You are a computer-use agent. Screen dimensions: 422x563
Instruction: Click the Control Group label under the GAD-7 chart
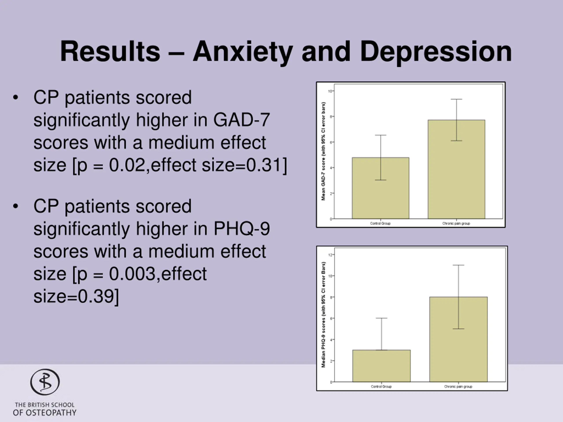380,223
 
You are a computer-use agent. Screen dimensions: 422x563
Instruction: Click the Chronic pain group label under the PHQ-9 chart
458,386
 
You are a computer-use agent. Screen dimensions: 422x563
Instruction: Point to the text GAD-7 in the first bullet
241,120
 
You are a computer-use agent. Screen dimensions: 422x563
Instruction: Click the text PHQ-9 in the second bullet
241,229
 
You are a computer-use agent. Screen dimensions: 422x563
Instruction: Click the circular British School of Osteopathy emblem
45,382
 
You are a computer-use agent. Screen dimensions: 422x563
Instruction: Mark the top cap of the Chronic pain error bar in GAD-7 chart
456,99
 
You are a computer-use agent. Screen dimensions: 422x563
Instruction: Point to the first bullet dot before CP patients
16,97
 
